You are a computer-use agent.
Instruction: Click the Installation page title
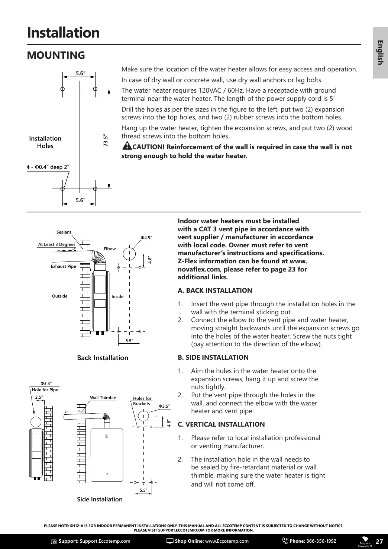63,33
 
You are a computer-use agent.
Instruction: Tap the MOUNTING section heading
56,55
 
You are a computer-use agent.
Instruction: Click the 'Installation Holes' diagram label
45,142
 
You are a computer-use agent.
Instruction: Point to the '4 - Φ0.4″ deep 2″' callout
48,167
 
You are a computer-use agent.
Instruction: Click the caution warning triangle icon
126,146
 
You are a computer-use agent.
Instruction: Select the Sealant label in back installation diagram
64,232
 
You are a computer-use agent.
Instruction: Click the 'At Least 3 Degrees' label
57,244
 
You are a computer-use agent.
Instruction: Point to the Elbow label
110,249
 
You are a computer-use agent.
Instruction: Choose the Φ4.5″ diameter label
146,237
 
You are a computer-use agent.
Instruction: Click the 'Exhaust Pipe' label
63,266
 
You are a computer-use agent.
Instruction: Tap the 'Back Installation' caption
103,358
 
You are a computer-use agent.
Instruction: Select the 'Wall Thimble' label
103,398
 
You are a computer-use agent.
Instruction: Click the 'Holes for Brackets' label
142,401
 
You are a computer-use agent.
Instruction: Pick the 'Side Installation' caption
100,499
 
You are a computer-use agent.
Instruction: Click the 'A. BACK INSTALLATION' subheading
215,290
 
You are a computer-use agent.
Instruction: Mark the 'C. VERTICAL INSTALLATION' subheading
221,424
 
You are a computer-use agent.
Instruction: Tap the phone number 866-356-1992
321,541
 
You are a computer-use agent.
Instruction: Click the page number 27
379,541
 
